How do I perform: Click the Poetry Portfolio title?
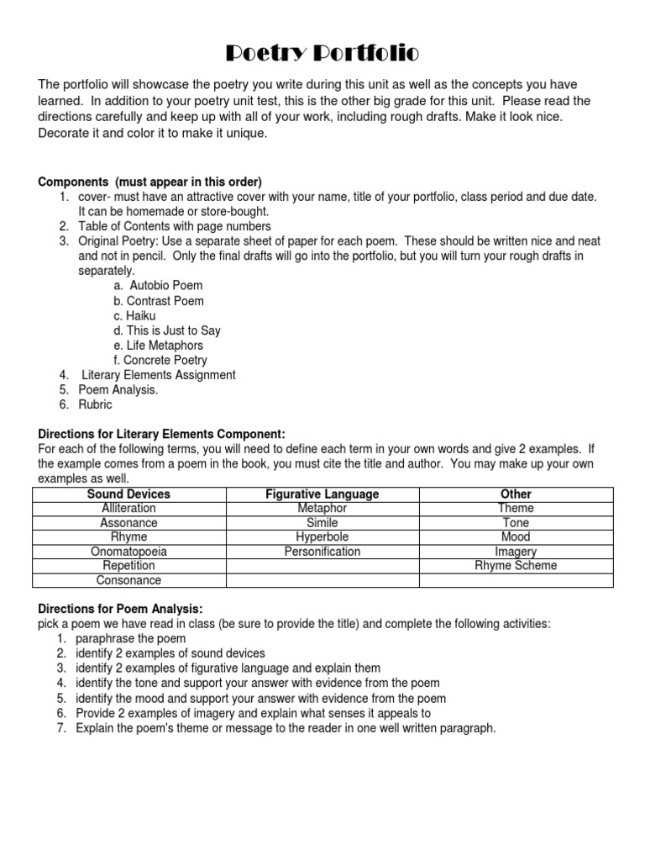point(322,55)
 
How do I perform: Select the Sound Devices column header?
point(128,494)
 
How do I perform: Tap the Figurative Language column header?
point(322,494)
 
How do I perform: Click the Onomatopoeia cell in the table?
point(128,552)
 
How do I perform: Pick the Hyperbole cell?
point(322,537)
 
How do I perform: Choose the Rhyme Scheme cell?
point(516,566)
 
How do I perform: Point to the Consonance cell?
point(128,580)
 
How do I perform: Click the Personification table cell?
point(322,552)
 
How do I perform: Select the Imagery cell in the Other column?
point(516,552)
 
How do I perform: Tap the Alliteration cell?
point(128,509)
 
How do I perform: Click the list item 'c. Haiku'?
point(134,315)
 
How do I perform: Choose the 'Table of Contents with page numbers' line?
point(174,226)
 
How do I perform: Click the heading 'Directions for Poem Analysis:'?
point(121,609)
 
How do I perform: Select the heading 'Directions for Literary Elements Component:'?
point(162,434)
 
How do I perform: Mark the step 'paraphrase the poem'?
point(130,639)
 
